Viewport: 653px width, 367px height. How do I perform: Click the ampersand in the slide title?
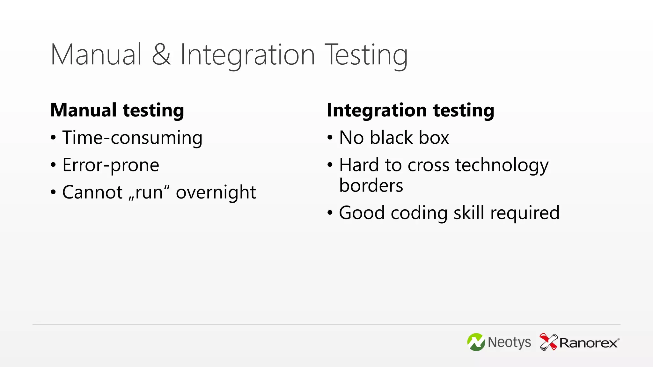point(161,55)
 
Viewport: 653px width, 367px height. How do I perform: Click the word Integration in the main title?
point(248,55)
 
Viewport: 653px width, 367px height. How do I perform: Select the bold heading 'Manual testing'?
point(117,110)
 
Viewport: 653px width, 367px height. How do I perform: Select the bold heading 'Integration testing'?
point(410,110)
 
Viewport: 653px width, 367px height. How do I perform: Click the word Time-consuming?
point(132,138)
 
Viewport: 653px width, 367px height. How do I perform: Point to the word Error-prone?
point(111,165)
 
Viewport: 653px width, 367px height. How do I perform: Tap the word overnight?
point(216,192)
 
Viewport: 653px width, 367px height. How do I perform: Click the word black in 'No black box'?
point(392,138)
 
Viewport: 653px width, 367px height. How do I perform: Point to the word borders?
point(371,185)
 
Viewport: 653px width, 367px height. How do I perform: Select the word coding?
point(419,213)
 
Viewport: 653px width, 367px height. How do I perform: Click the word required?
point(525,213)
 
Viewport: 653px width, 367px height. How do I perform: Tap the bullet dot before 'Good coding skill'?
point(330,212)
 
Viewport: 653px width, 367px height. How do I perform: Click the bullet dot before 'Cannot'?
point(53,192)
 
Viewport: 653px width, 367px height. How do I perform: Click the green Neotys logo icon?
point(476,342)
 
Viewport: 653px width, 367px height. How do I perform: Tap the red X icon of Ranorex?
point(548,342)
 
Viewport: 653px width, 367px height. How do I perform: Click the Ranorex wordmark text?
point(589,343)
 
